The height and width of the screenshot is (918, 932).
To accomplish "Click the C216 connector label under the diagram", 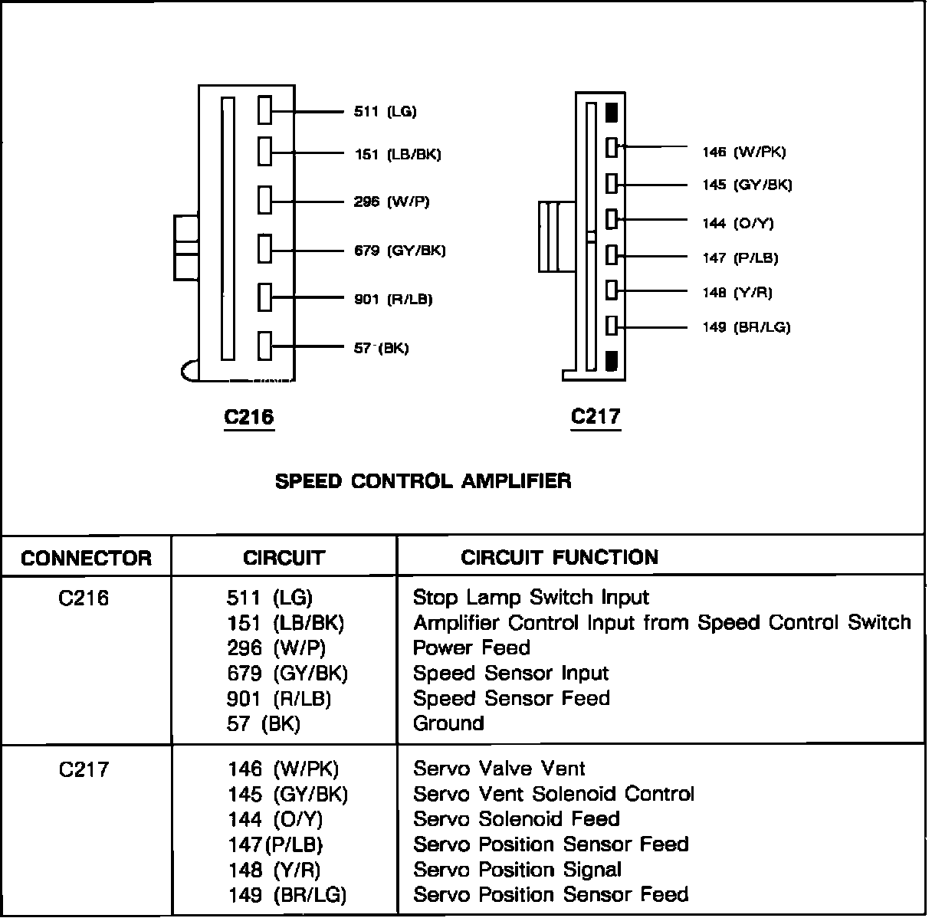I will click(248, 417).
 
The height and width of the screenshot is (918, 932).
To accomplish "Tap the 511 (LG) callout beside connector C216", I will click(385, 112).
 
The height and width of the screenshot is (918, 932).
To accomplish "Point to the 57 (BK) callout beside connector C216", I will click(381, 349).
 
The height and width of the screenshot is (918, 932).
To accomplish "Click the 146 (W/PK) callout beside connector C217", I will click(743, 152).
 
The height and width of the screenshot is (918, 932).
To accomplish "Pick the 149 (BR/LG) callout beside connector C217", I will click(746, 328).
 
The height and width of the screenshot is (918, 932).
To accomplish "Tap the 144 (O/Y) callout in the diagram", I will click(738, 224).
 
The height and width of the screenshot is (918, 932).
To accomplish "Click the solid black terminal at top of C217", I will click(611, 113).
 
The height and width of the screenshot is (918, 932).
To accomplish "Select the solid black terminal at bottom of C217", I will click(611, 360).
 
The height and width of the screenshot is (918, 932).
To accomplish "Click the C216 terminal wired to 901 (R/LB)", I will click(265, 297).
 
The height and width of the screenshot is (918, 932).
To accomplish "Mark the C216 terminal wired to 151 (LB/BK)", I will click(265, 151).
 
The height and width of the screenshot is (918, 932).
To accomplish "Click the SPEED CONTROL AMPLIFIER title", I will click(423, 481).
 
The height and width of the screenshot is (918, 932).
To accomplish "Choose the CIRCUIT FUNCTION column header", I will click(559, 557).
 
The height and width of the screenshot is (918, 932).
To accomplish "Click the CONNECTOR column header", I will click(86, 558).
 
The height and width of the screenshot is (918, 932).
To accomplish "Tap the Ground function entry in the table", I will click(448, 723).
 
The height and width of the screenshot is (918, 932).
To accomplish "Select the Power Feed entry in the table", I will click(471, 648).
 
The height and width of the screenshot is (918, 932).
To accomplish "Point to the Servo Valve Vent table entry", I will click(499, 769).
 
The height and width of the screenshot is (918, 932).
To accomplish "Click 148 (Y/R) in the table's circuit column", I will click(274, 870).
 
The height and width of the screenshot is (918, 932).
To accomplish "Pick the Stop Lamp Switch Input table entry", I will click(530, 598).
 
